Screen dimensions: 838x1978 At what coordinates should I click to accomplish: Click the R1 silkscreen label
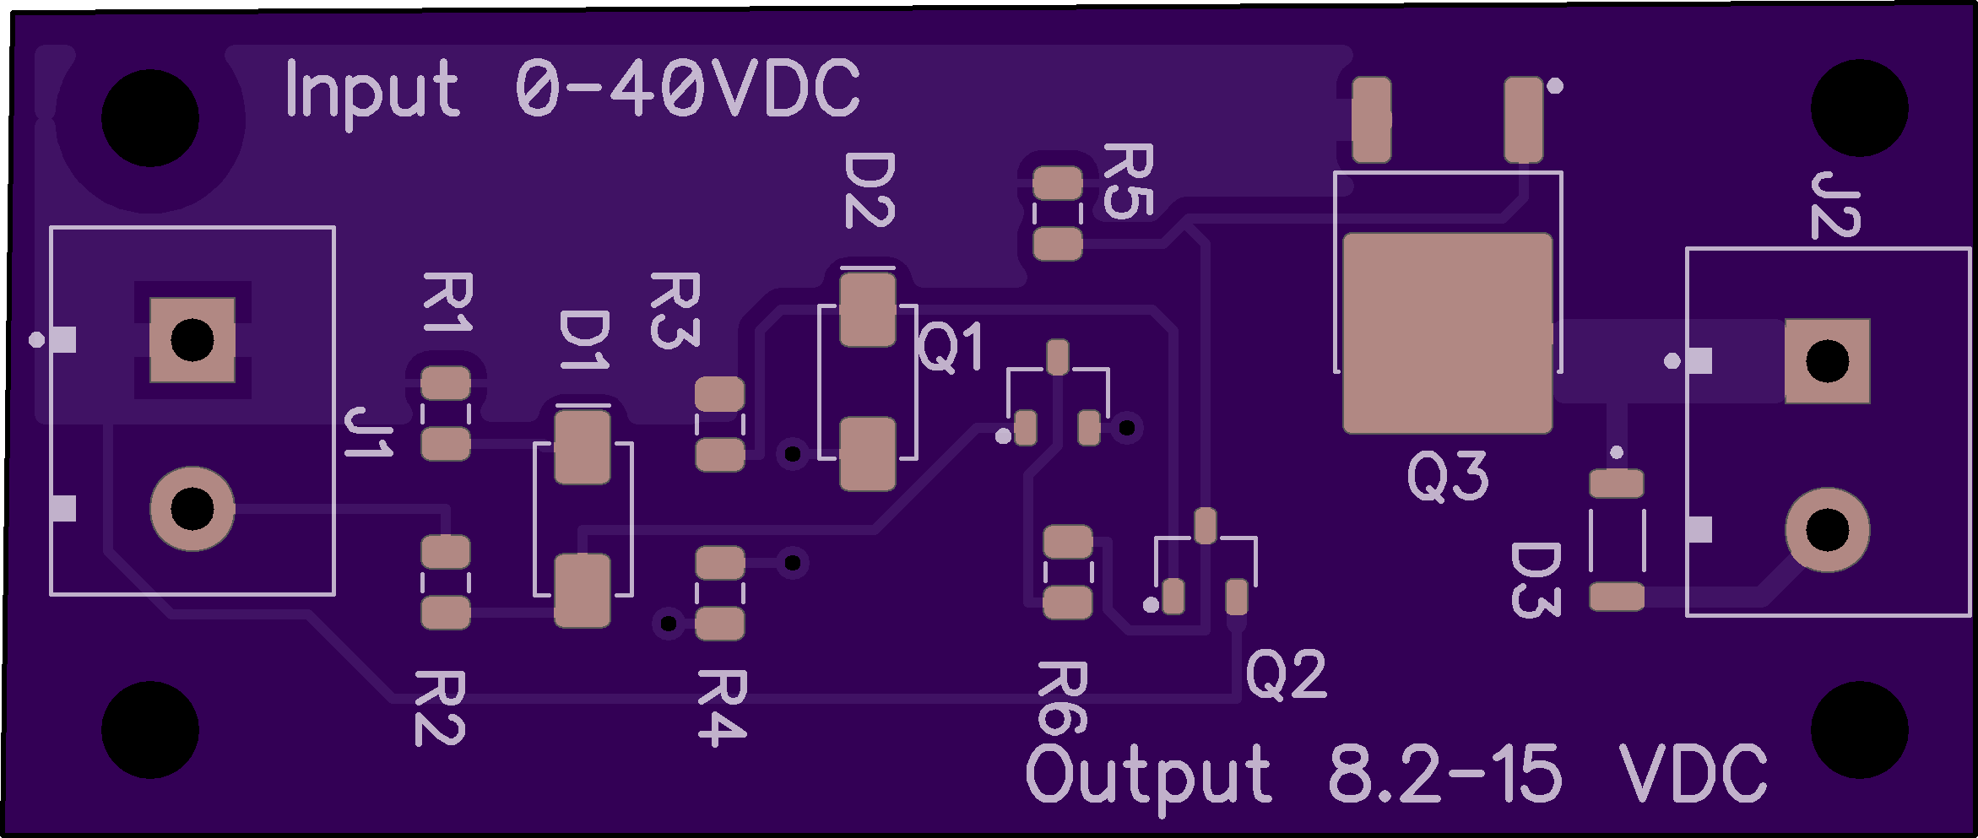point(447,302)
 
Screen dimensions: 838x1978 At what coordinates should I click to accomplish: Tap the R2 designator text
point(440,708)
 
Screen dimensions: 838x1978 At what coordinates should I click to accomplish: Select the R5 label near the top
point(1128,181)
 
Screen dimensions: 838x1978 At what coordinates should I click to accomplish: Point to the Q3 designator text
point(1447,477)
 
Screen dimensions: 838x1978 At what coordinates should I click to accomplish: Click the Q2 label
point(1286,675)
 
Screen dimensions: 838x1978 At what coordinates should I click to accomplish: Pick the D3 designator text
point(1535,580)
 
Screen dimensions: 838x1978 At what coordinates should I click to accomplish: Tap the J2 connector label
point(1835,205)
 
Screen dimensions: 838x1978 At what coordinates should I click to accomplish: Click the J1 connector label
point(369,432)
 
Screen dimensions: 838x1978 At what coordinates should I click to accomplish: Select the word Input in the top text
point(372,91)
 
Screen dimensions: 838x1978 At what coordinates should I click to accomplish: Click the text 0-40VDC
point(687,89)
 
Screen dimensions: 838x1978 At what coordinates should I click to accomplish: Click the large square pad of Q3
point(1447,333)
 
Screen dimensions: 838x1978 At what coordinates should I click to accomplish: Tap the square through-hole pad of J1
point(192,340)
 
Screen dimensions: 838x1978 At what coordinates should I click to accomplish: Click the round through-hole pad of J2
point(1827,530)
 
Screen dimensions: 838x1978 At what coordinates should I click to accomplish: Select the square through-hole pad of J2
point(1827,361)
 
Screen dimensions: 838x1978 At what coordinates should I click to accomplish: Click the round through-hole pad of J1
point(192,509)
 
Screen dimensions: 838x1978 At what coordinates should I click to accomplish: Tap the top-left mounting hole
point(150,118)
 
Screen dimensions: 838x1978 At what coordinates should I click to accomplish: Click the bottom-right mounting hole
point(1859,730)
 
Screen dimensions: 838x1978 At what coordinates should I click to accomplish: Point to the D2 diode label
point(870,190)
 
